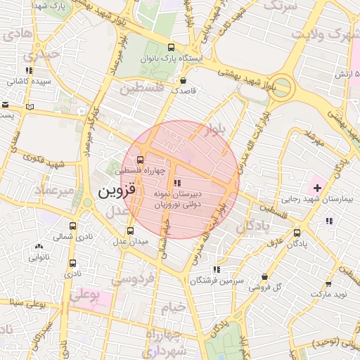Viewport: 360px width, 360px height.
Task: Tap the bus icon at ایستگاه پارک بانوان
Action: click(x=171, y=48)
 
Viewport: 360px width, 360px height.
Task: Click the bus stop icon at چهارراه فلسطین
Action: click(x=140, y=159)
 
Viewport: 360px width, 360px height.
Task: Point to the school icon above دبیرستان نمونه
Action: click(x=176, y=183)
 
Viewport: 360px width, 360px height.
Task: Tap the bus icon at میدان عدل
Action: click(x=130, y=231)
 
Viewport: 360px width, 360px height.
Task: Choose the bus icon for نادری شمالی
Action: click(x=74, y=226)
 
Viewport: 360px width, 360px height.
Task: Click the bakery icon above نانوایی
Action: click(x=39, y=247)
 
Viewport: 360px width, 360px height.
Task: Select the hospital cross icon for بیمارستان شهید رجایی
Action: click(x=317, y=188)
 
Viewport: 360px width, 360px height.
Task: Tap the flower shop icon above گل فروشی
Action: click(x=264, y=278)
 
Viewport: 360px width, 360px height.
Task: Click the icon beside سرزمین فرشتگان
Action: click(x=217, y=269)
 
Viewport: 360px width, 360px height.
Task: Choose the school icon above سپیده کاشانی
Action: click(x=29, y=71)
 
